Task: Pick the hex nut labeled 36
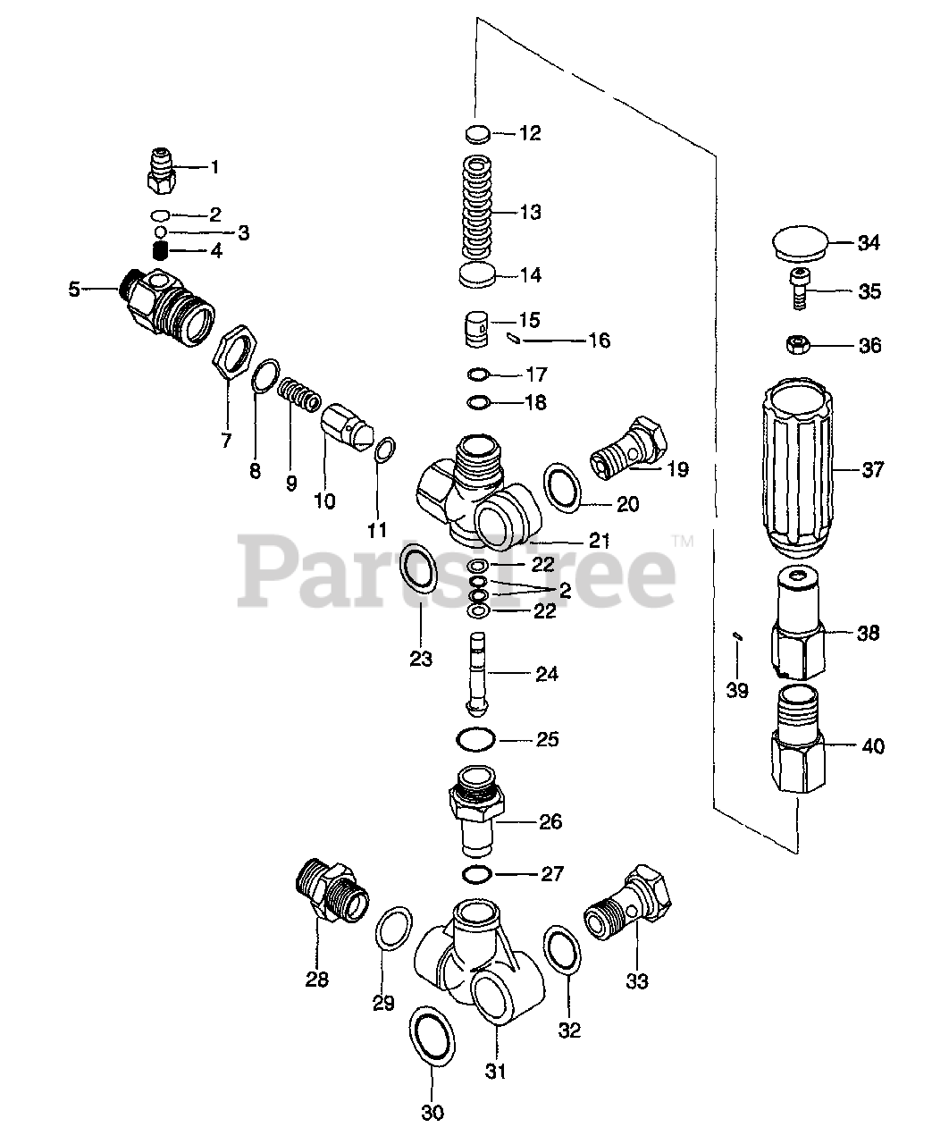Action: click(794, 344)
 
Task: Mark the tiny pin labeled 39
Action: click(736, 635)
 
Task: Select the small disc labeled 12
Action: click(479, 134)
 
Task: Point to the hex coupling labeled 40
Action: click(798, 740)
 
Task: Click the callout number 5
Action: click(74, 289)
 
